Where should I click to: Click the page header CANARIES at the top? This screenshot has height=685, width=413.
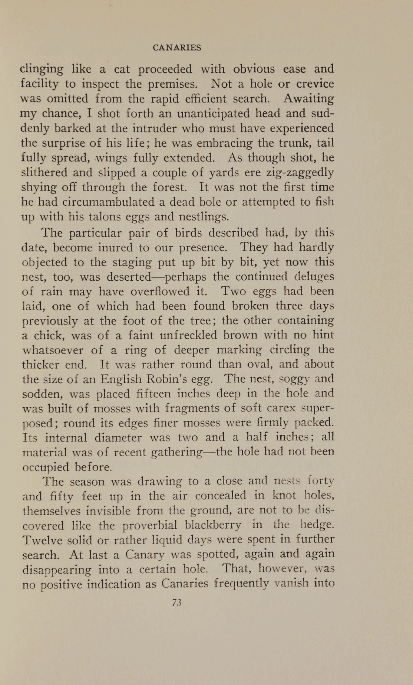[x=177, y=48]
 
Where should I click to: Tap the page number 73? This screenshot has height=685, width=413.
[x=177, y=603]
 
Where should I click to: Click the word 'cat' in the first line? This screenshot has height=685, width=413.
[x=122, y=69]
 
